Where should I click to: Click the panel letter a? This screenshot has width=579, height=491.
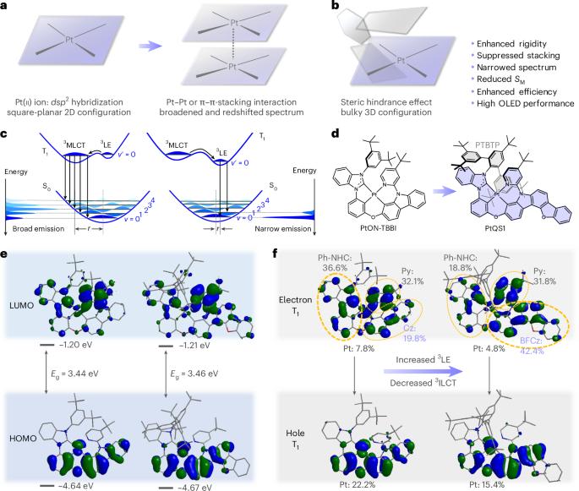[6, 7]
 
